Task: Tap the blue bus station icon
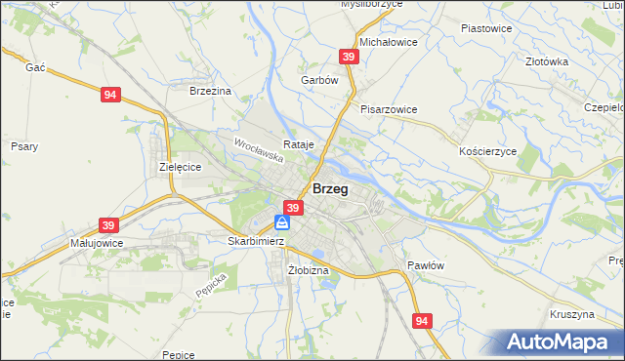click(x=281, y=223)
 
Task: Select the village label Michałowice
click(x=389, y=44)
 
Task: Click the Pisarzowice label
click(x=389, y=109)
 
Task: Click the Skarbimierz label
click(x=256, y=241)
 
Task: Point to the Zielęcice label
click(x=180, y=167)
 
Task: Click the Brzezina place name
click(x=210, y=91)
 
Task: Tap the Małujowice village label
click(x=95, y=241)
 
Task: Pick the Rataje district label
click(x=299, y=145)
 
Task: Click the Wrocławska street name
click(x=259, y=149)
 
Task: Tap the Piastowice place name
click(x=486, y=28)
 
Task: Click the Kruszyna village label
click(x=572, y=315)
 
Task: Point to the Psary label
click(x=24, y=146)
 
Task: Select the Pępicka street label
click(x=211, y=284)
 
